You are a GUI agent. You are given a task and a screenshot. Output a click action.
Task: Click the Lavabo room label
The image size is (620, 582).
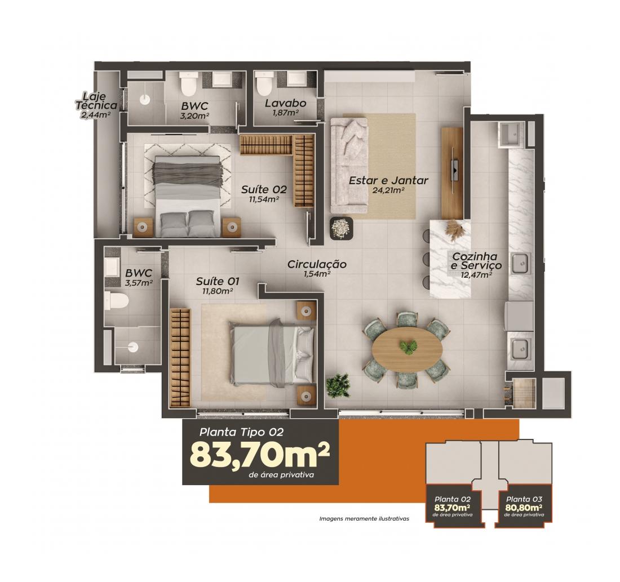pyautogui.click(x=286, y=103)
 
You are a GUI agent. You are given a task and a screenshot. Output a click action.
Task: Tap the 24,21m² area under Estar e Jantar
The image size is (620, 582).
pyautogui.click(x=388, y=190)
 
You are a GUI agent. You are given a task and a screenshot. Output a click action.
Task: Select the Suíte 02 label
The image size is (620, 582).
pyautogui.click(x=264, y=189)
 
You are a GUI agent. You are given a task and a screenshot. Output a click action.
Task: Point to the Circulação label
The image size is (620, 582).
pyautogui.click(x=317, y=264)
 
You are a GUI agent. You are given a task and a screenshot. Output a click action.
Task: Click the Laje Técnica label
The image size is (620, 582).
pyautogui.click(x=96, y=101)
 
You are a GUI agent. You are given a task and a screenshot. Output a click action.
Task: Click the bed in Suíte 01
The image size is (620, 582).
pyautogui.click(x=273, y=353)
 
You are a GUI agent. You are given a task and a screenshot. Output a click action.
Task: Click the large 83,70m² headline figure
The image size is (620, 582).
pyautogui.click(x=260, y=455)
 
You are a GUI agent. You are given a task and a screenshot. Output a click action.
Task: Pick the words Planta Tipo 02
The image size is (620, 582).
pyautogui.click(x=241, y=432)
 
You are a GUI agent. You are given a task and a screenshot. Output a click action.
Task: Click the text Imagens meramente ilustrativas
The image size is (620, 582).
pyautogui.click(x=364, y=518)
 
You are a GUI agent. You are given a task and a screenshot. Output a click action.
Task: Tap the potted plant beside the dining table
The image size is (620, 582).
pyautogui.click(x=338, y=385)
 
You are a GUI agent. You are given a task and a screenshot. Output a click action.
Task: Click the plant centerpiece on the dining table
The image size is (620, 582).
pyautogui.click(x=406, y=346)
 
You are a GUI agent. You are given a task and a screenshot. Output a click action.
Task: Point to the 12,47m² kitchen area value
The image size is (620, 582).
pyautogui.click(x=476, y=275)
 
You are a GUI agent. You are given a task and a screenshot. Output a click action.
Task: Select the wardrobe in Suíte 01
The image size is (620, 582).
pyautogui.click(x=180, y=358)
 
